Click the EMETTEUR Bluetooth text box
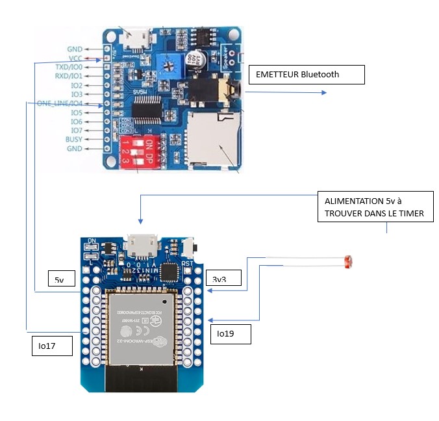click(x=306, y=75)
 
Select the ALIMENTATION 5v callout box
click(x=375, y=207)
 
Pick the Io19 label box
click(x=230, y=333)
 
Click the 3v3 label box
click(x=224, y=278)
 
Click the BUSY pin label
click(x=73, y=139)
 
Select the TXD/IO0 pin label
click(x=68, y=67)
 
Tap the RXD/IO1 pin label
click(x=68, y=76)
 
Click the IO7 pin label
click(x=76, y=130)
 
